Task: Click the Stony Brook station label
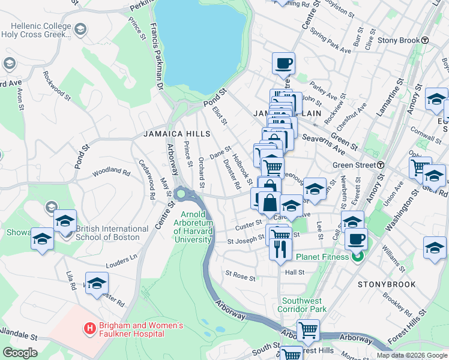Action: point(403,40)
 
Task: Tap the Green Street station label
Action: point(354,165)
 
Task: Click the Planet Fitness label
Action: point(322,257)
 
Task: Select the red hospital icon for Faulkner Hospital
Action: point(89,328)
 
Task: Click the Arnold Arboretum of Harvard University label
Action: point(193,228)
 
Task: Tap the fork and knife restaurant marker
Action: point(280,248)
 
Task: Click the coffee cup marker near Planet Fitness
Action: point(357,238)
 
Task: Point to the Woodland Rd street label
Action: point(111,173)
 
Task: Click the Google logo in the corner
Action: point(19,353)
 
